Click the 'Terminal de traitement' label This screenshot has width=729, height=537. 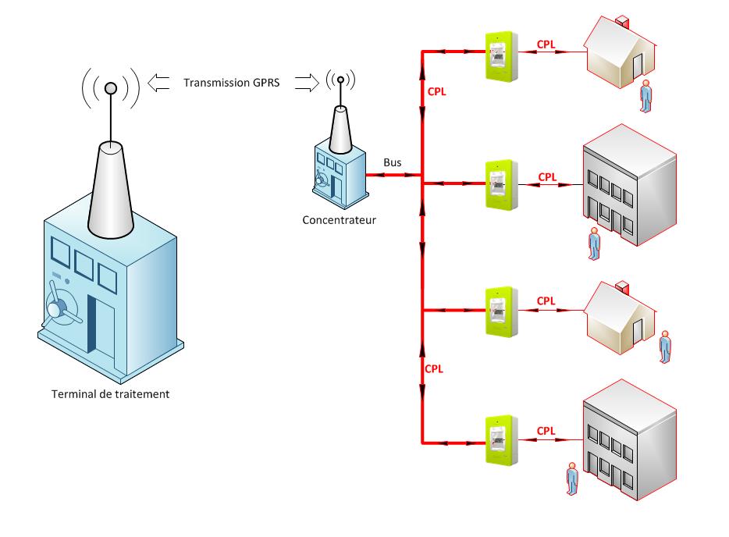tap(109, 394)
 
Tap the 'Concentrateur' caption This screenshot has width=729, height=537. tap(340, 220)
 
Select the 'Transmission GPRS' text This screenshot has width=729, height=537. tap(231, 82)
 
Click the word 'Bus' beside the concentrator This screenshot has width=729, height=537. tap(393, 162)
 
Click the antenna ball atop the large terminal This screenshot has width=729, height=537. tap(111, 88)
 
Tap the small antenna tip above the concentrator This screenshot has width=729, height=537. tap(340, 80)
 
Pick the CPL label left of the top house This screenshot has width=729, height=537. tap(547, 44)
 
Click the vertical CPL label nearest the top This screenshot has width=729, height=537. tap(437, 91)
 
